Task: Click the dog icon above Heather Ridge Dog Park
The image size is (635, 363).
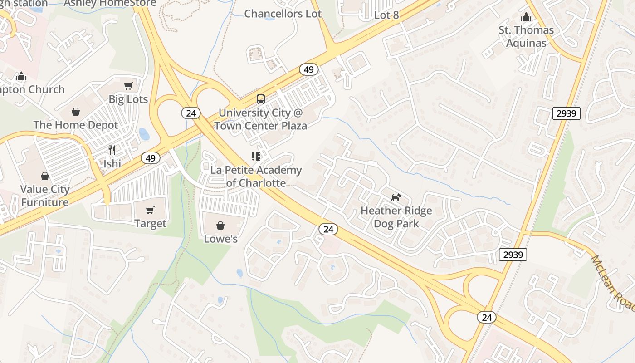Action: tap(396, 197)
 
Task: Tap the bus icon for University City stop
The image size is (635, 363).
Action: tap(261, 99)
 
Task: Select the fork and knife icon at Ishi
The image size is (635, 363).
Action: tap(112, 150)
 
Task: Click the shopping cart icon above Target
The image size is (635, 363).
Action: tap(150, 210)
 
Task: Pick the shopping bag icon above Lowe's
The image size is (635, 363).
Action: tap(220, 226)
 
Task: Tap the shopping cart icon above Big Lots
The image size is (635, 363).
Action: tap(128, 86)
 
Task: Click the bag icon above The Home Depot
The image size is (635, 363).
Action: tap(76, 112)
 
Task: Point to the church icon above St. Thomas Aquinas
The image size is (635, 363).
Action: tap(526, 17)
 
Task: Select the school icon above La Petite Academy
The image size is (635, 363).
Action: tap(256, 157)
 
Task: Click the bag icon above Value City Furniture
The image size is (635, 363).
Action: tap(44, 176)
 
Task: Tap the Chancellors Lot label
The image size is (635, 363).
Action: tap(283, 14)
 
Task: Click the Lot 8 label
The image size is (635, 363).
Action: tap(386, 15)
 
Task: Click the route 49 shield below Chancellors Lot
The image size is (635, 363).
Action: tap(308, 70)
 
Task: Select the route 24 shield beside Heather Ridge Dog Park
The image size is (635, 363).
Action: tap(328, 229)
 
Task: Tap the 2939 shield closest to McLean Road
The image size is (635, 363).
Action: tap(513, 255)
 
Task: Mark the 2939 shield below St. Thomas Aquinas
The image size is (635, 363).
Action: tap(567, 113)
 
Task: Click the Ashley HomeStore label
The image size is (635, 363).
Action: tap(110, 4)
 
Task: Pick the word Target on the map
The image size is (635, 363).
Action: tap(150, 223)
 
